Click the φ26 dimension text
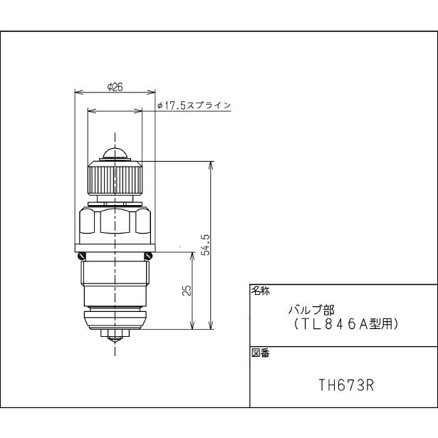(x=115, y=86)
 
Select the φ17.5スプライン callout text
(x=194, y=105)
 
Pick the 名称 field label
(x=259, y=290)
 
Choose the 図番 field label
(x=259, y=354)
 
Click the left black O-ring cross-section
(x=82, y=256)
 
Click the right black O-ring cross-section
(x=149, y=256)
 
